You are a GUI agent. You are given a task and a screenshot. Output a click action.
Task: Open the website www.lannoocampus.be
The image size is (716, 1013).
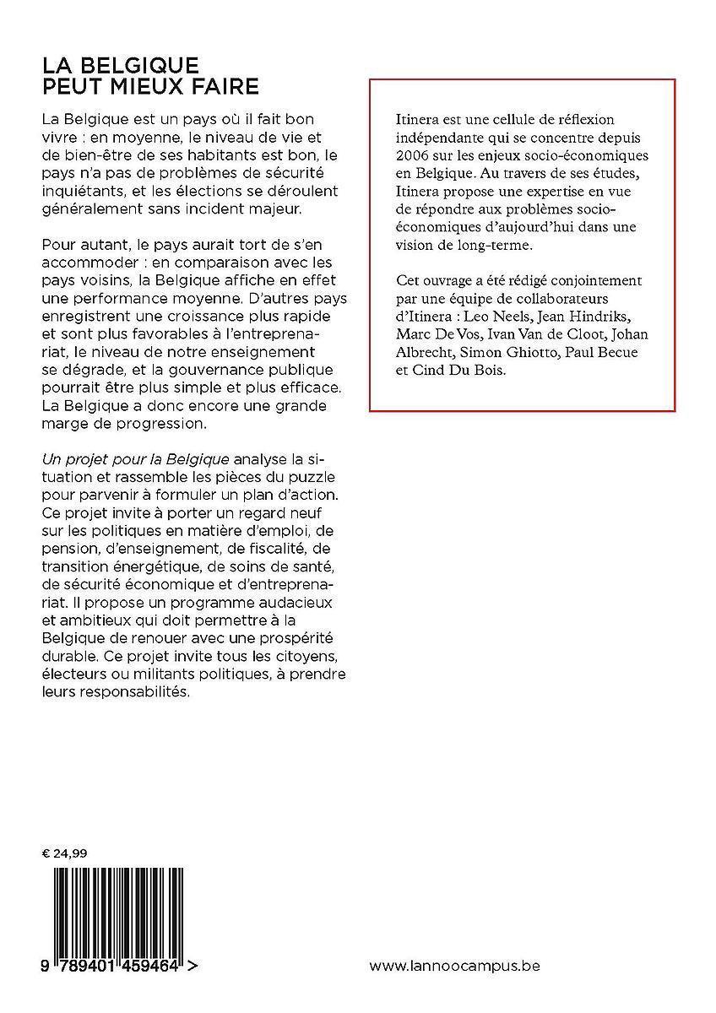coord(455,964)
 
